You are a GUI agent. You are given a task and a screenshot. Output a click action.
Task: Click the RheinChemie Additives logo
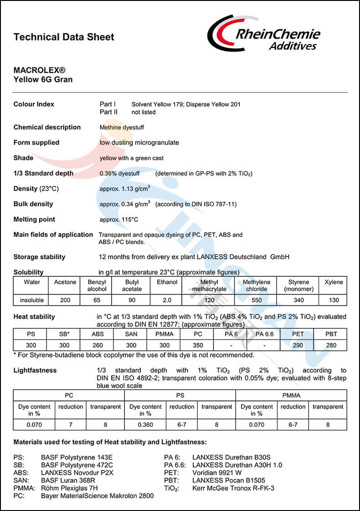pyautogui.click(x=264, y=34)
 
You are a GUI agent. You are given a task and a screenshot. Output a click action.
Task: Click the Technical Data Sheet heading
pyautogui.click(x=64, y=37)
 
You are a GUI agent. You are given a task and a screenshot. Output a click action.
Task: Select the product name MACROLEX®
pyautogui.click(x=40, y=71)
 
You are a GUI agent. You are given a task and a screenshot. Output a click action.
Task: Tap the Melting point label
pyautogui.click(x=34, y=219)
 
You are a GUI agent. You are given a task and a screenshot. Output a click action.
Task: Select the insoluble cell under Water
pyautogui.click(x=32, y=300)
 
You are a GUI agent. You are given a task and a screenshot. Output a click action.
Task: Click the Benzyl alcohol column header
pyautogui.click(x=97, y=286)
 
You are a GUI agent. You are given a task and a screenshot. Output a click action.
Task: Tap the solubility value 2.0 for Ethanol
pyautogui.click(x=167, y=300)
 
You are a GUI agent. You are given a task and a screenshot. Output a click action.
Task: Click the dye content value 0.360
pyautogui.click(x=145, y=424)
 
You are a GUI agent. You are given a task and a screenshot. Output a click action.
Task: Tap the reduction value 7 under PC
pyautogui.click(x=71, y=424)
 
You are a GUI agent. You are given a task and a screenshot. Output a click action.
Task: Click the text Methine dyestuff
pyautogui.click(x=122, y=128)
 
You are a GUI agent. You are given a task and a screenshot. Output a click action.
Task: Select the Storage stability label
pyautogui.click(x=39, y=257)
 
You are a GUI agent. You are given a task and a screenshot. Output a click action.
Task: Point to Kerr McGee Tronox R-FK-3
pyautogui.click(x=233, y=488)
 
